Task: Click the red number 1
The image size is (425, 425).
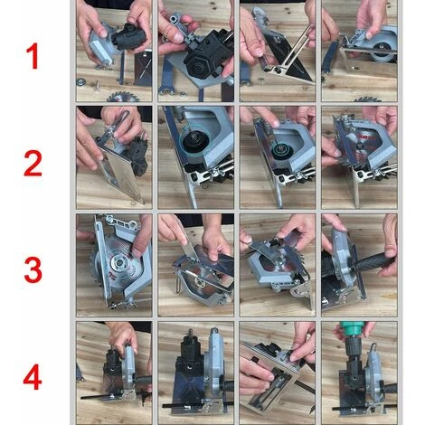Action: pyautogui.click(x=33, y=56)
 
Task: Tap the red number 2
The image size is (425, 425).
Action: pyautogui.click(x=33, y=164)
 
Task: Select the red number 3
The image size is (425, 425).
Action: pyautogui.click(x=33, y=269)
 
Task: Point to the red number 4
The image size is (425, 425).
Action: pyautogui.click(x=33, y=377)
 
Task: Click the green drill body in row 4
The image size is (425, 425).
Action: pyautogui.click(x=350, y=328)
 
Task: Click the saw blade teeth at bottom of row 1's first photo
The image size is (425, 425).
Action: pyautogui.click(x=122, y=97)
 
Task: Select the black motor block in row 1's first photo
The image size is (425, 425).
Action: pyautogui.click(x=129, y=37)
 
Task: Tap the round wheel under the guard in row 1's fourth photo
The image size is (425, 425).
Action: pyautogui.click(x=382, y=52)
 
